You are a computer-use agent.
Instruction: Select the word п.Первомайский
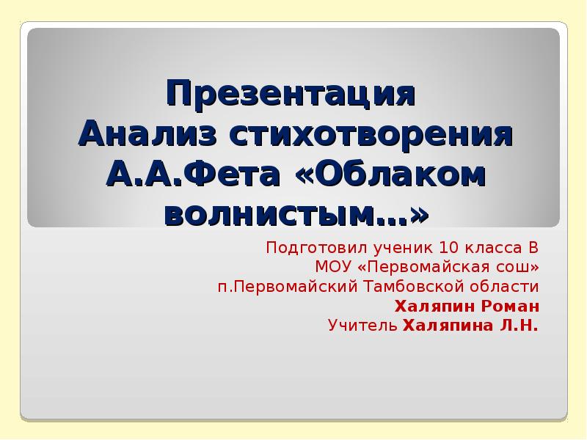point(284,285)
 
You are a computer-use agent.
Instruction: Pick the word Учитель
point(363,325)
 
